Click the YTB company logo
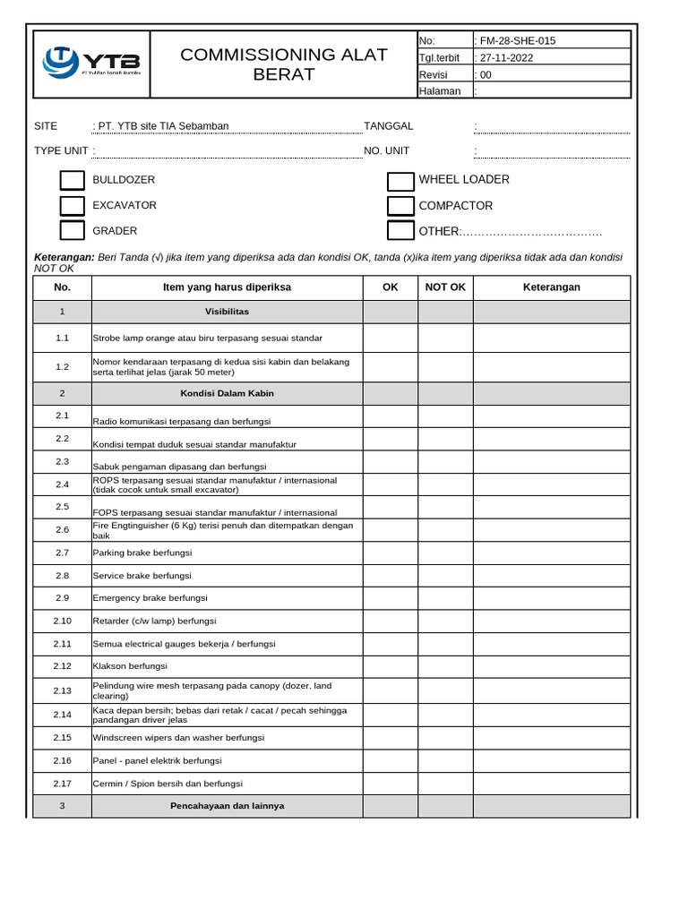pyautogui.click(x=91, y=63)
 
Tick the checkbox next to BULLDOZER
pyautogui.click(x=72, y=180)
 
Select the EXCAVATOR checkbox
pyautogui.click(x=72, y=206)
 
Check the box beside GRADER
pyautogui.click(x=72, y=231)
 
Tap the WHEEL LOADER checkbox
pyautogui.click(x=400, y=181)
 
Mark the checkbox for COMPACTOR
pyautogui.click(x=400, y=206)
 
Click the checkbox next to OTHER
pyautogui.click(x=400, y=231)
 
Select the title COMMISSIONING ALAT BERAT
pyautogui.click(x=284, y=64)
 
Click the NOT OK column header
pyautogui.click(x=445, y=287)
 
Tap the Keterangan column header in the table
pyautogui.click(x=552, y=287)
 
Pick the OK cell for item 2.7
pyautogui.click(x=390, y=553)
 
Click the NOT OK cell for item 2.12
pyautogui.click(x=445, y=666)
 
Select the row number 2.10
pyautogui.click(x=62, y=621)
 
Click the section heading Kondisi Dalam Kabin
pyautogui.click(x=227, y=393)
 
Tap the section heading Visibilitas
pyautogui.click(x=227, y=312)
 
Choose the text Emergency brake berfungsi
pyautogui.click(x=150, y=597)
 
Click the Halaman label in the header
pyautogui.click(x=440, y=90)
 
